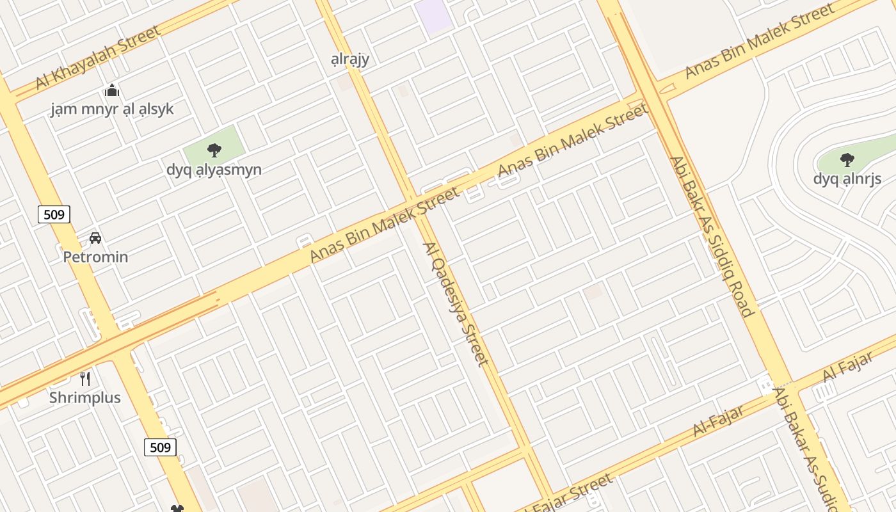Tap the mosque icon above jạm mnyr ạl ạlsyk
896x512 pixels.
click(112, 91)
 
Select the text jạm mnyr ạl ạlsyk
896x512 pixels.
click(112, 109)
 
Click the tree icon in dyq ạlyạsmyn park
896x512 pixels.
click(214, 150)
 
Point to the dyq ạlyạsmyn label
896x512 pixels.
click(214, 170)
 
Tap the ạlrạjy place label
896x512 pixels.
click(350, 60)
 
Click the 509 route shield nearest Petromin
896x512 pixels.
click(54, 214)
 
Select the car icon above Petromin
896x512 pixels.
click(95, 238)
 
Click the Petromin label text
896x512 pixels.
click(95, 257)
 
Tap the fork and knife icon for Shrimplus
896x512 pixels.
click(85, 378)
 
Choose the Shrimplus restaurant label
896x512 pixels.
click(85, 397)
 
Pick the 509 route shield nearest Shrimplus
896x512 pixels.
click(160, 447)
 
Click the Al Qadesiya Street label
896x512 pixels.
click(456, 304)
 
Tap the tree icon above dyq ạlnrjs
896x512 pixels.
click(847, 160)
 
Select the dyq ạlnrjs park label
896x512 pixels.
click(847, 179)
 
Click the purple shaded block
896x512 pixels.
click(433, 14)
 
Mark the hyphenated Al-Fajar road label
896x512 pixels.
click(719, 420)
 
